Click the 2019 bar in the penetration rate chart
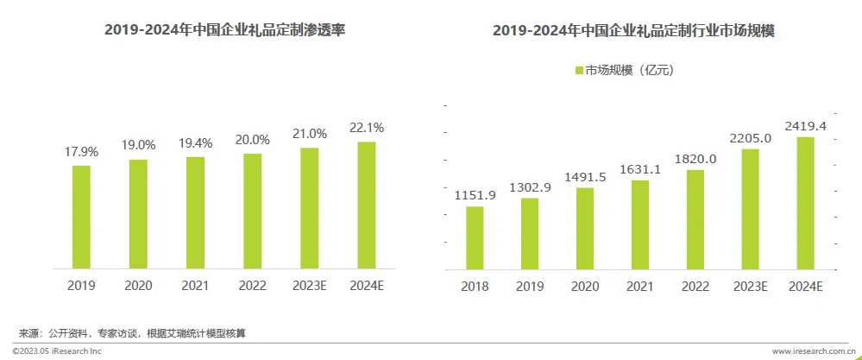81,215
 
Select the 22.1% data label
367,128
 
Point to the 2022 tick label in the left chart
252,284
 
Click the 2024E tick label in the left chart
367,284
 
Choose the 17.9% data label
81,151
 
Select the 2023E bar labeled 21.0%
310,206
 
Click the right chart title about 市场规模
633,30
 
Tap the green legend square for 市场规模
579,71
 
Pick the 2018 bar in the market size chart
475,237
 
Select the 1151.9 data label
475,194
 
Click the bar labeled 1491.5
585,228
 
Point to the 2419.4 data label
805,126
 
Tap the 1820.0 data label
695,158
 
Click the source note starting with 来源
138,333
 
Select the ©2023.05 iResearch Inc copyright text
57,351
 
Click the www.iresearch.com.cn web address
811,351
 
